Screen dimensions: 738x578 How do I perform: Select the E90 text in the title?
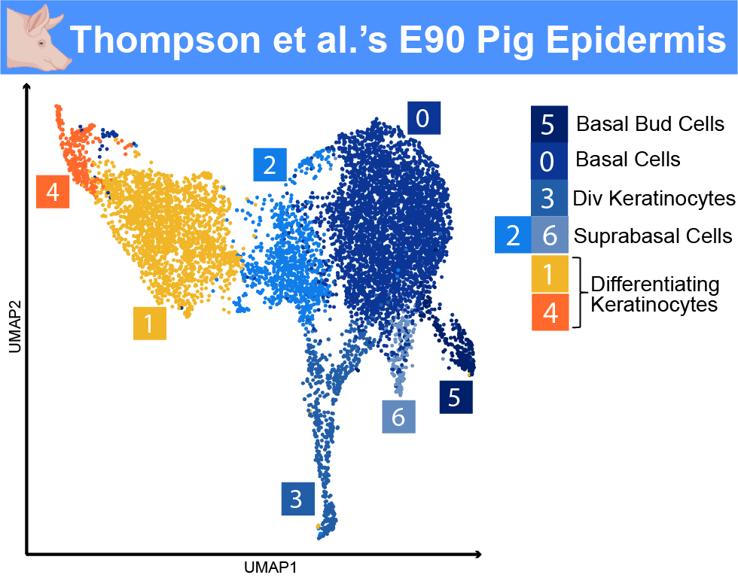coord(432,39)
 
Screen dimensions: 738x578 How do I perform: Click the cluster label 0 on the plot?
coord(423,118)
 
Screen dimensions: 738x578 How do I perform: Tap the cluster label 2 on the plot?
coord(270,165)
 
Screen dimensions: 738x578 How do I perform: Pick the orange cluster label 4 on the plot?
coord(53,191)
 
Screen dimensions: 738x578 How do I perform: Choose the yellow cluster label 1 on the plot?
coord(150,323)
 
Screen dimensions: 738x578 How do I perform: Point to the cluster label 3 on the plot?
coord(298,498)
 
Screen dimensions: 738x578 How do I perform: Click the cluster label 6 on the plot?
coord(398,417)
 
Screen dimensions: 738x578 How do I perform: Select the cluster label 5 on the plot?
coord(456,397)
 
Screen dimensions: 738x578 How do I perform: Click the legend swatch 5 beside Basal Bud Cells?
coord(549,124)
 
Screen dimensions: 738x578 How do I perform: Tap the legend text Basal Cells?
coord(628,160)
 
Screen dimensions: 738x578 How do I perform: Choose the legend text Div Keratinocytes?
coord(654,199)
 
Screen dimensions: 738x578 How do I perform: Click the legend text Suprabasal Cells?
coord(653,236)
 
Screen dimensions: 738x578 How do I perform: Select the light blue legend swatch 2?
coord(513,235)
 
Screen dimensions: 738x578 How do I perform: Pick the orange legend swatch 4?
coord(550,312)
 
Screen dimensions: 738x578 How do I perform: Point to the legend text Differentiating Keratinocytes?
coord(654,294)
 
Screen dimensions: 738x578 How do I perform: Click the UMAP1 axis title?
coord(270,567)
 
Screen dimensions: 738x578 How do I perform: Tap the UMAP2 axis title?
coord(16,327)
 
